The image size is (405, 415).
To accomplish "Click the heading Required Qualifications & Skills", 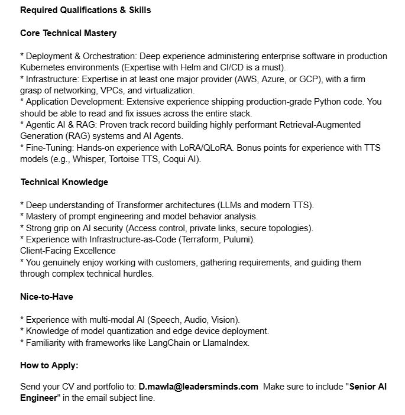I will (85, 10).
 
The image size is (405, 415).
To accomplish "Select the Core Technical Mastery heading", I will (68, 33).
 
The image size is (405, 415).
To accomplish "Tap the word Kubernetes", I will (42, 67).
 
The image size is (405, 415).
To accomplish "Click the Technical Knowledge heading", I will (64, 182).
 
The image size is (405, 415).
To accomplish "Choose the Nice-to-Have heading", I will (47, 297).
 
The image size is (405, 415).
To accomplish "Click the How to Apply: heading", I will (49, 365).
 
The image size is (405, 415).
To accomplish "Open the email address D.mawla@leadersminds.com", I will (199, 387).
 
